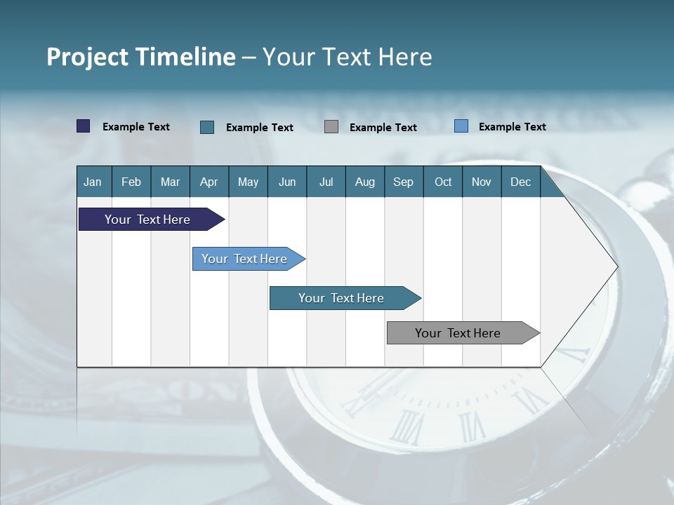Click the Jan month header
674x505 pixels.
(93, 182)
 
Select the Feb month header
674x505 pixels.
(131, 182)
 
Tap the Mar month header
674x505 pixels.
(170, 182)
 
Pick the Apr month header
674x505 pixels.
(209, 182)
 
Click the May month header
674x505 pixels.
(248, 182)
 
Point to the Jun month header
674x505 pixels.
(287, 182)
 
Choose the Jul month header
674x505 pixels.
(326, 182)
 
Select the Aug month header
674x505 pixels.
(365, 182)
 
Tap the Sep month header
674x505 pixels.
(404, 182)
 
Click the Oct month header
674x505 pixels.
(443, 182)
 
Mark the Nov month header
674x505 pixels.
(482, 182)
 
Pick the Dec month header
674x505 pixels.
(521, 182)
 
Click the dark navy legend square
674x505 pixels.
(84, 126)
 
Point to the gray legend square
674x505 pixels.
(331, 127)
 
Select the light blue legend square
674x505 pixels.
(461, 126)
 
